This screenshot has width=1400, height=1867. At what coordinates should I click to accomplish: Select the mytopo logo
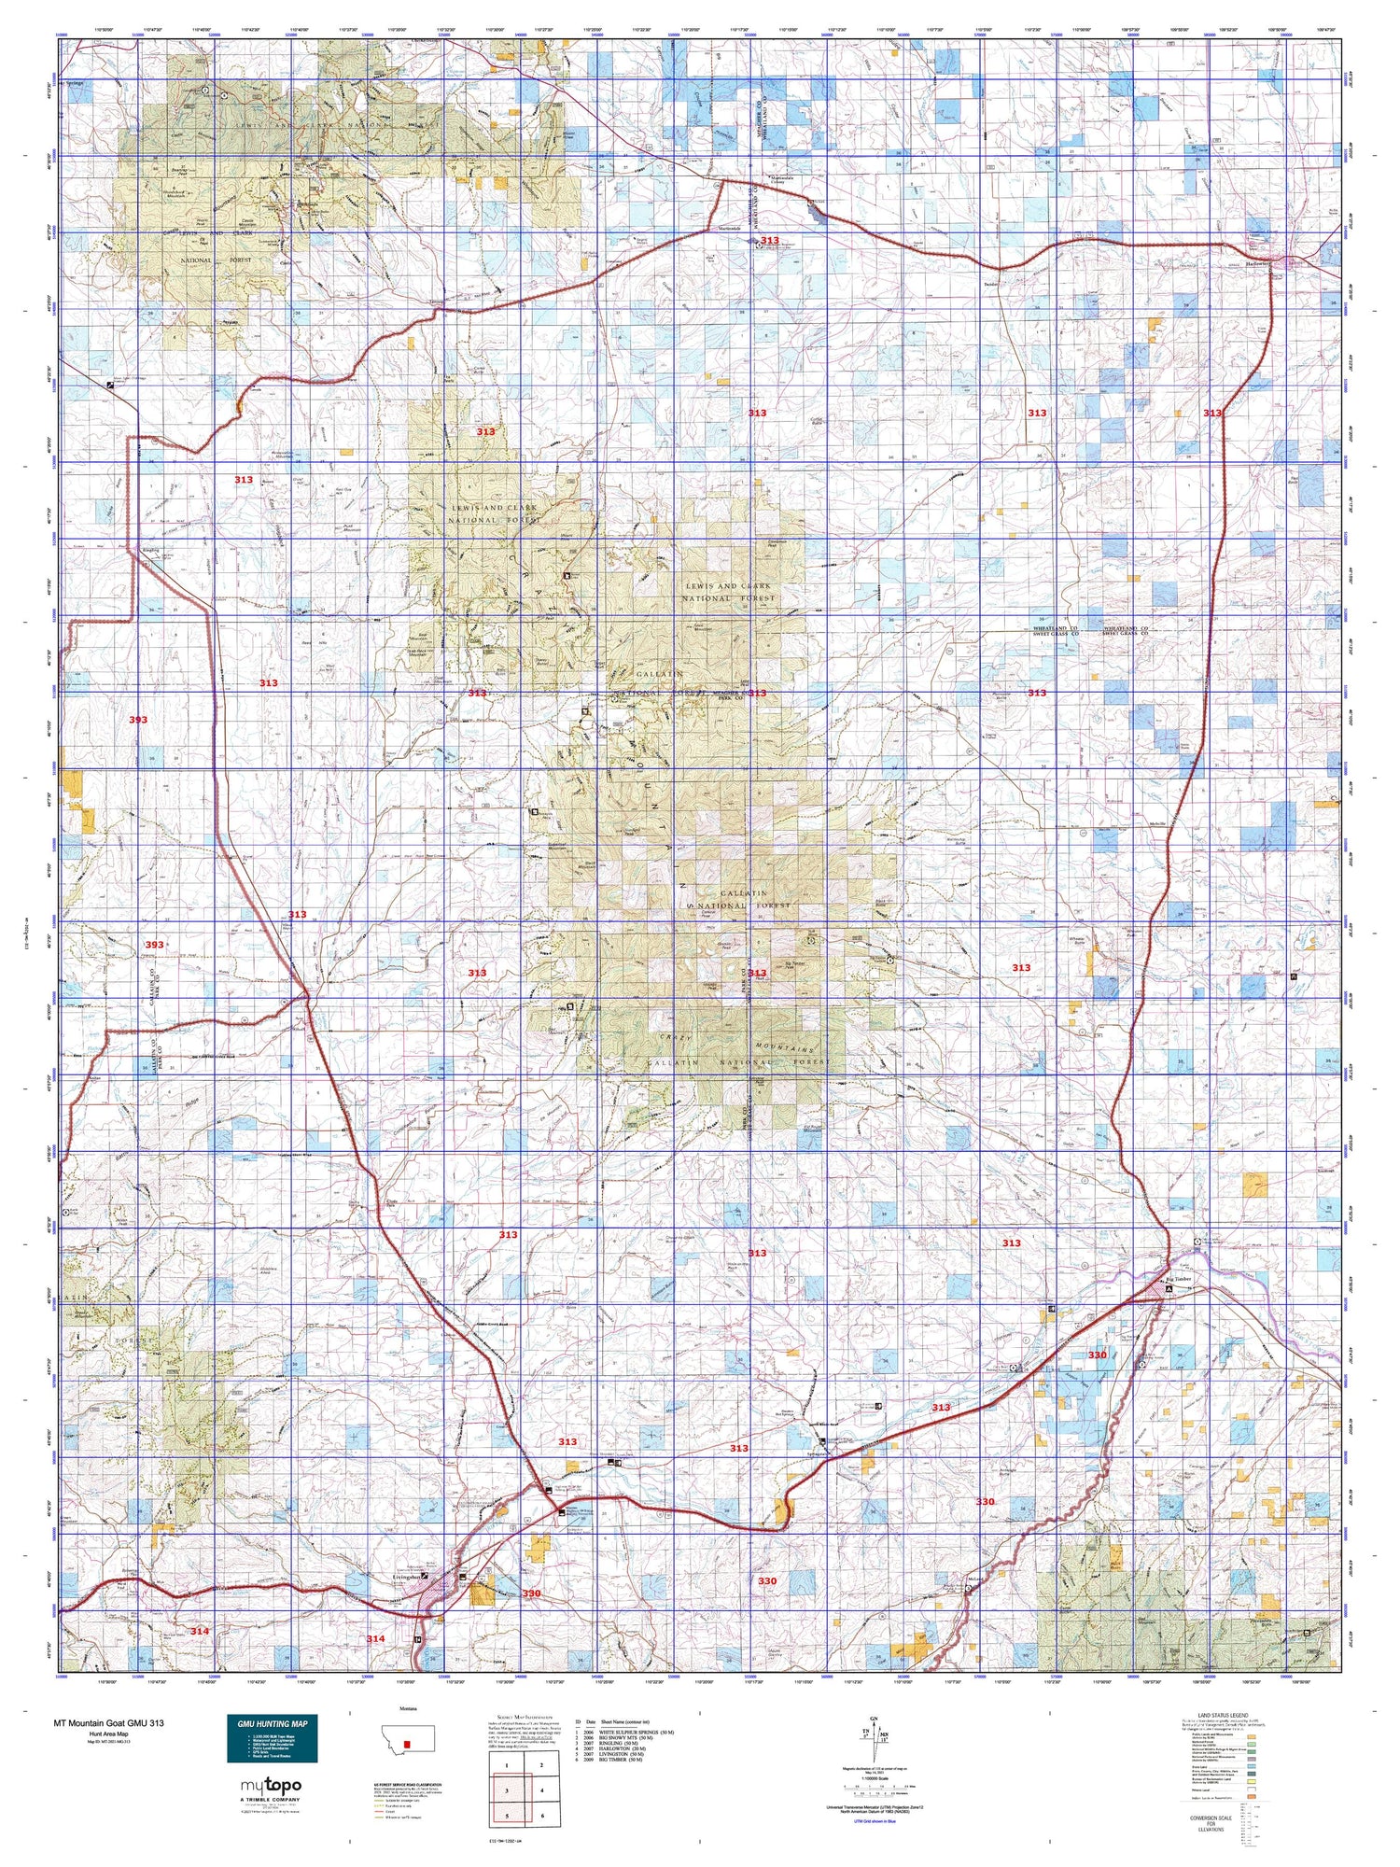tap(271, 1786)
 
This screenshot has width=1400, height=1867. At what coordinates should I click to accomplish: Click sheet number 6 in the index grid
tap(542, 1816)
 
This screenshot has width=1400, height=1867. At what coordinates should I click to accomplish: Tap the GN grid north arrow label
tap(873, 1719)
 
